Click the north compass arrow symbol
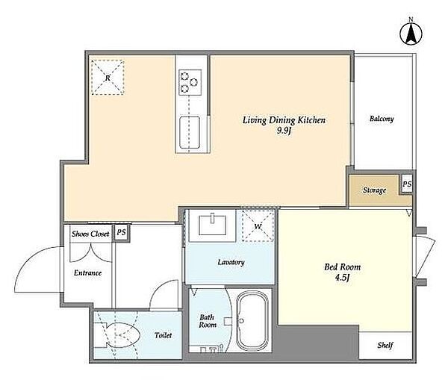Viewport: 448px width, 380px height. (411, 34)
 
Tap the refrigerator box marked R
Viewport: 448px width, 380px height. (108, 77)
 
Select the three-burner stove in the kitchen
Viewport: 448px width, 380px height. (190, 82)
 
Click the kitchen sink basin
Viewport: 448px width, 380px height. (189, 132)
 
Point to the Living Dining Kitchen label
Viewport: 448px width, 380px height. (284, 120)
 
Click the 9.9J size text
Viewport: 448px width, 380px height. (284, 131)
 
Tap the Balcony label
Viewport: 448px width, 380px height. (382, 119)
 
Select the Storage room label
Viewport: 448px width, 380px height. (375, 190)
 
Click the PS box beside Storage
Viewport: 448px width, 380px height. (407, 184)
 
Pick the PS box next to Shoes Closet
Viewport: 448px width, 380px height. (122, 233)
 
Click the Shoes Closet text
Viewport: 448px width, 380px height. (90, 234)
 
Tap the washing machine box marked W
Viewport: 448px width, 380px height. (258, 226)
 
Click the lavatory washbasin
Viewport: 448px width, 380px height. (213, 225)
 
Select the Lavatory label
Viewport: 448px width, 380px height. (231, 262)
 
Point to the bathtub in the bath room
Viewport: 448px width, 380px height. (252, 320)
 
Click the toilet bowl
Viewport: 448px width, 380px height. (117, 335)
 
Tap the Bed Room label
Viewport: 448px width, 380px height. (342, 267)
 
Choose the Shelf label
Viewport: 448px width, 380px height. (385, 346)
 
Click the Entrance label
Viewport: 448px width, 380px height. (87, 272)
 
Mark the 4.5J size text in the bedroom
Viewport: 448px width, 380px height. (342, 278)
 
